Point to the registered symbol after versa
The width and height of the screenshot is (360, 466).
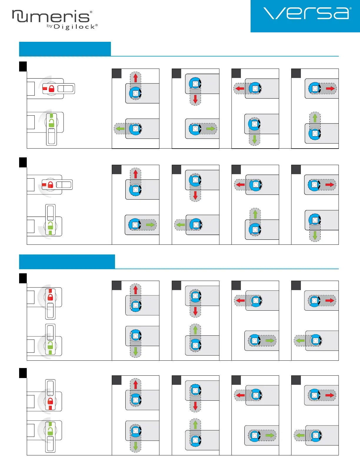pyautogui.click(x=351, y=9)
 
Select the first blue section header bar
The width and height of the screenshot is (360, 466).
pyautogui.click(x=65, y=49)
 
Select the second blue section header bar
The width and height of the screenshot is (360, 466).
pyautogui.click(x=67, y=262)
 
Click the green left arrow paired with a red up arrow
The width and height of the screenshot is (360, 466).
pyautogui.click(x=120, y=129)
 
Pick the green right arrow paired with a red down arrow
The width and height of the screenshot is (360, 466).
pyautogui.click(x=211, y=129)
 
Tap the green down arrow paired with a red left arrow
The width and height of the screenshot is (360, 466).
pyautogui.click(x=255, y=139)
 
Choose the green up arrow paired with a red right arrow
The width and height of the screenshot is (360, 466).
pyautogui.click(x=315, y=118)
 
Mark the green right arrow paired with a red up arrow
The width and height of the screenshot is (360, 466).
pyautogui.click(x=150, y=225)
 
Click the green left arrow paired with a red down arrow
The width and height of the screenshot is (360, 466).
pyautogui.click(x=180, y=225)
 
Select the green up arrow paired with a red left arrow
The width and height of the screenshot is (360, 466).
pyautogui.click(x=255, y=214)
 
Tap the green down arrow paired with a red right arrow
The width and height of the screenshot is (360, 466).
pyautogui.click(x=315, y=235)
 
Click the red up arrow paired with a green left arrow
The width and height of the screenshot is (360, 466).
pyautogui.click(x=136, y=78)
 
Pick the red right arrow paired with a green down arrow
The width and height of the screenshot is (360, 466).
pyautogui.click(x=330, y=184)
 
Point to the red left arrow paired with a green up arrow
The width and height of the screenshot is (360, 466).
pyautogui.click(x=240, y=184)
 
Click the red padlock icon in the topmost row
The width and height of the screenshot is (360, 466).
pyautogui.click(x=51, y=89)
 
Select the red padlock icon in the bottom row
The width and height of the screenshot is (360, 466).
pyautogui.click(x=50, y=401)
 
